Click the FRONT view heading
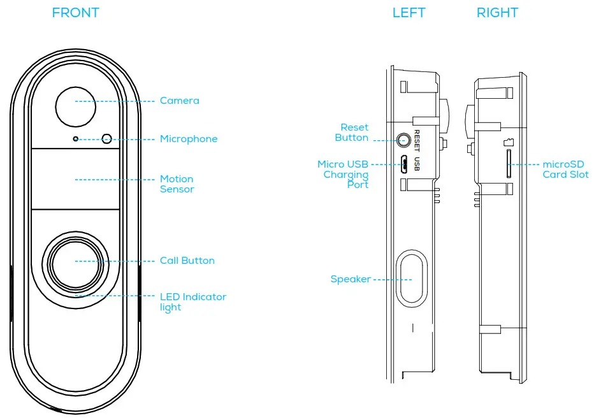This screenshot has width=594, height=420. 75,13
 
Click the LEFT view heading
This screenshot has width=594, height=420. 409,13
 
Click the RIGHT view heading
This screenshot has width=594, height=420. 497,13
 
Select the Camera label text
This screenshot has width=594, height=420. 179,101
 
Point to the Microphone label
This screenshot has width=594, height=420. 188,139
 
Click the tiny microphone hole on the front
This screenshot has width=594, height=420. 76,138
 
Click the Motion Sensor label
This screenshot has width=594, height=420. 177,184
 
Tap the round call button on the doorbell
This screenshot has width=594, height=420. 75,261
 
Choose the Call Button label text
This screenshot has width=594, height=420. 187,261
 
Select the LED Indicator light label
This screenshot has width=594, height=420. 192,302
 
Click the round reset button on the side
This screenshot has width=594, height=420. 404,139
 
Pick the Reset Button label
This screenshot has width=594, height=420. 352,133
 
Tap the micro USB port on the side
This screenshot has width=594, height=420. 404,165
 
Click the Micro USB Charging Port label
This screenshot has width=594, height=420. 344,174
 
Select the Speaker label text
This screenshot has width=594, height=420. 350,279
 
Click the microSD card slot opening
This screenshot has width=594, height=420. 508,164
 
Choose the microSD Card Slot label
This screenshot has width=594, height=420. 565,170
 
